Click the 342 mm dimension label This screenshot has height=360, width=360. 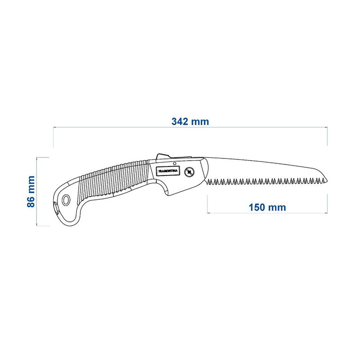190,121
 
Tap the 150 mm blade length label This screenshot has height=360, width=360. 267,207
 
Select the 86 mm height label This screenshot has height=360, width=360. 31,191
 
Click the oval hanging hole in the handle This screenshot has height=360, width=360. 67,200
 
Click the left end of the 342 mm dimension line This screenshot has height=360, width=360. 54,128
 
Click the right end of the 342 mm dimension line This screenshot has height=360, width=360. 327,128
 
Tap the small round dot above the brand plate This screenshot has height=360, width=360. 175,163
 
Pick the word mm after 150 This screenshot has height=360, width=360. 278,207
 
